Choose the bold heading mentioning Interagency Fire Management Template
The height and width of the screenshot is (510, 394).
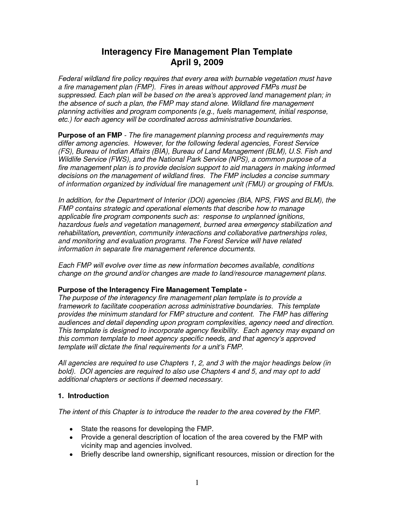[152, 290]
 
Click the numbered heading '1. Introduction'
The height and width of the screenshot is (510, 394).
[83, 396]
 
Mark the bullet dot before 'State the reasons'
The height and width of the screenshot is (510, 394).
[71, 429]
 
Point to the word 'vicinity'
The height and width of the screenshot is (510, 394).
[91, 445]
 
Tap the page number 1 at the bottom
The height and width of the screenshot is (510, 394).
[197, 483]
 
